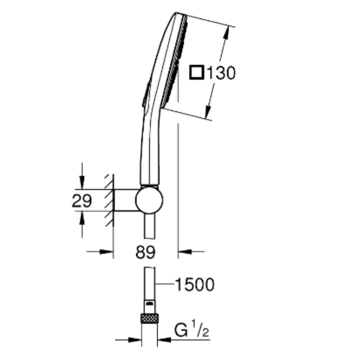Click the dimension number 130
coord(221,73)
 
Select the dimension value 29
coord(82,201)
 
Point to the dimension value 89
coord(145,252)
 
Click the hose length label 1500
coord(195,285)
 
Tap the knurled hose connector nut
coord(149,319)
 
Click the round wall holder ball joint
coord(149,200)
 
